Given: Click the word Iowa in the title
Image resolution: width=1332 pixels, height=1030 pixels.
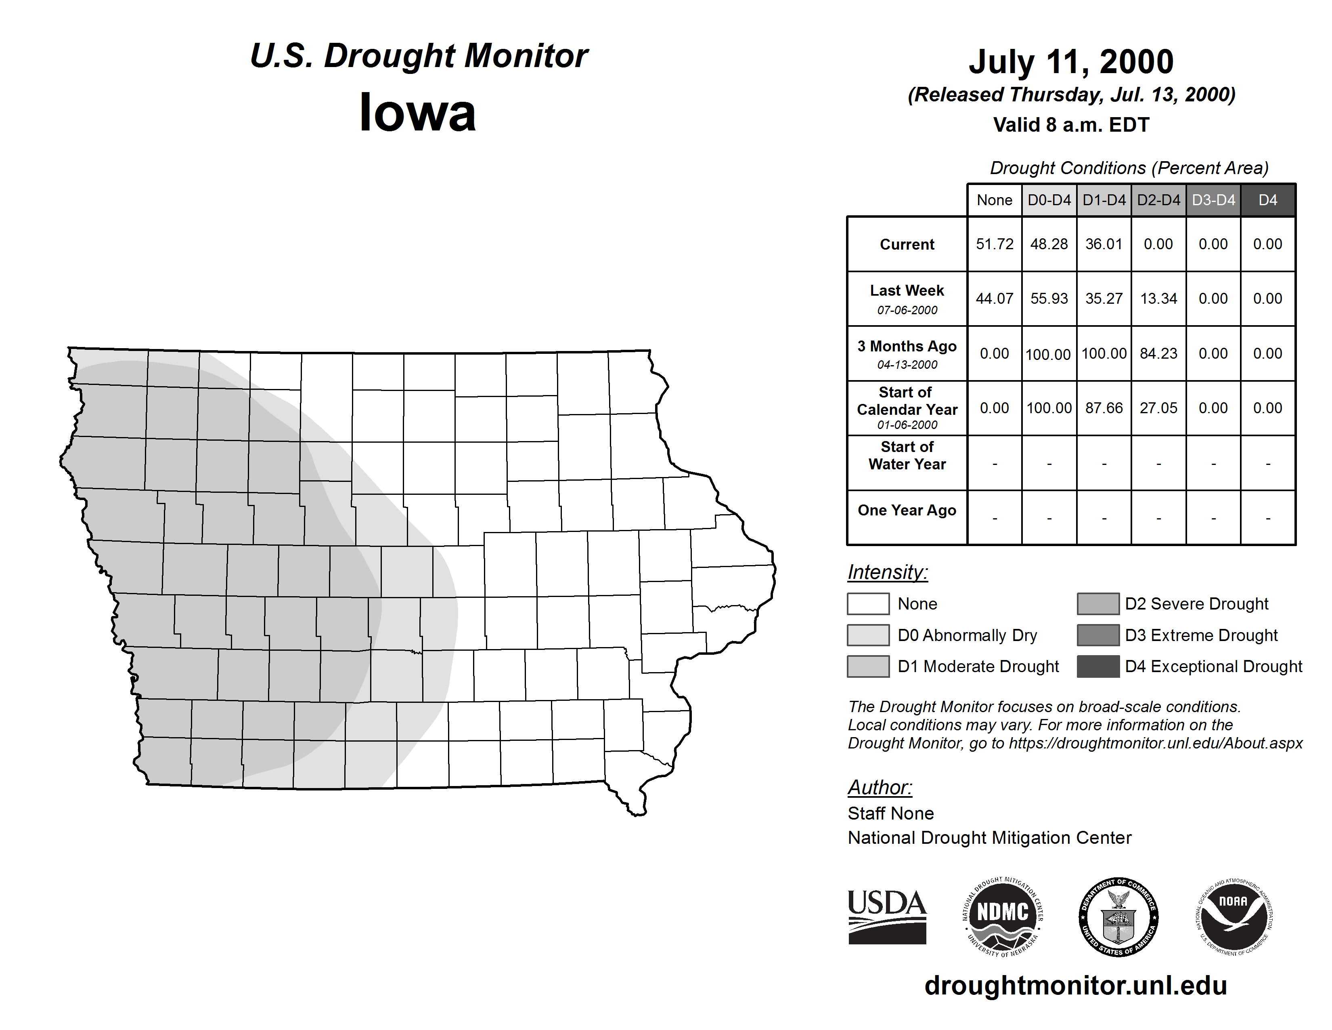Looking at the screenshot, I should pos(417,112).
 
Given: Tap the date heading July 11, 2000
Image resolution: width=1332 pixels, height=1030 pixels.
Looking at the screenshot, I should pos(1071,62).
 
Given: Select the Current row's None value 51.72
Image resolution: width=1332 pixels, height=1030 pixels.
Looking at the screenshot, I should pos(994,244).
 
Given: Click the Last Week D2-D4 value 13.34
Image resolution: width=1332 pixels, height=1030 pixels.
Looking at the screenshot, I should pos(1158,298).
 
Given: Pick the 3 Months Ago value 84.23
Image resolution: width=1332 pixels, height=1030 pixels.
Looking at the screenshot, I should pos(1158,353).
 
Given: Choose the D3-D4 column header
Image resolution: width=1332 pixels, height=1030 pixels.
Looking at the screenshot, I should pos(1213,200).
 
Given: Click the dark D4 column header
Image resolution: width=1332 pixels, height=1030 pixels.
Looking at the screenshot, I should pos(1267,200).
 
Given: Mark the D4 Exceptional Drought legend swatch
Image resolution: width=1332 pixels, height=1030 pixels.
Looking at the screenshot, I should pos(1098,666).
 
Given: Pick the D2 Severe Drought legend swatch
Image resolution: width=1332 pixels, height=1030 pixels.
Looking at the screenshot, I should pos(1098,603).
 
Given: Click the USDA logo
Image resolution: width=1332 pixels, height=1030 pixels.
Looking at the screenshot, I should pos(887,916).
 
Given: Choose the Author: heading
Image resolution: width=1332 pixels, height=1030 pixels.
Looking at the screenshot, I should pos(880,787).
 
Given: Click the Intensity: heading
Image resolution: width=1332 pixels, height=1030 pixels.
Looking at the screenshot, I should pos(887,572).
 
